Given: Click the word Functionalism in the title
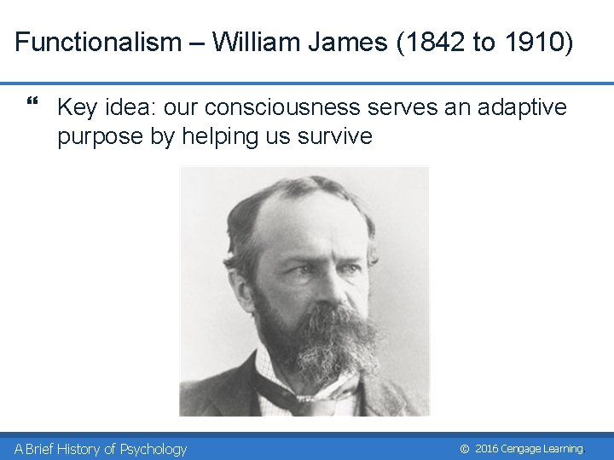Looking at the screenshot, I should [98, 42].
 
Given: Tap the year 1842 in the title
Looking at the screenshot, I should [437, 42].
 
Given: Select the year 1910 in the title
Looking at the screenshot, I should [533, 42].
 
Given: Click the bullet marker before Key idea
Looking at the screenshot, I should [33, 105].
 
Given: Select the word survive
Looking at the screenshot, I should [336, 135].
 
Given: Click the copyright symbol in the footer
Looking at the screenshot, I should [465, 449].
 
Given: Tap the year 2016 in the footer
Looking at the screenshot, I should [486, 449].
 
